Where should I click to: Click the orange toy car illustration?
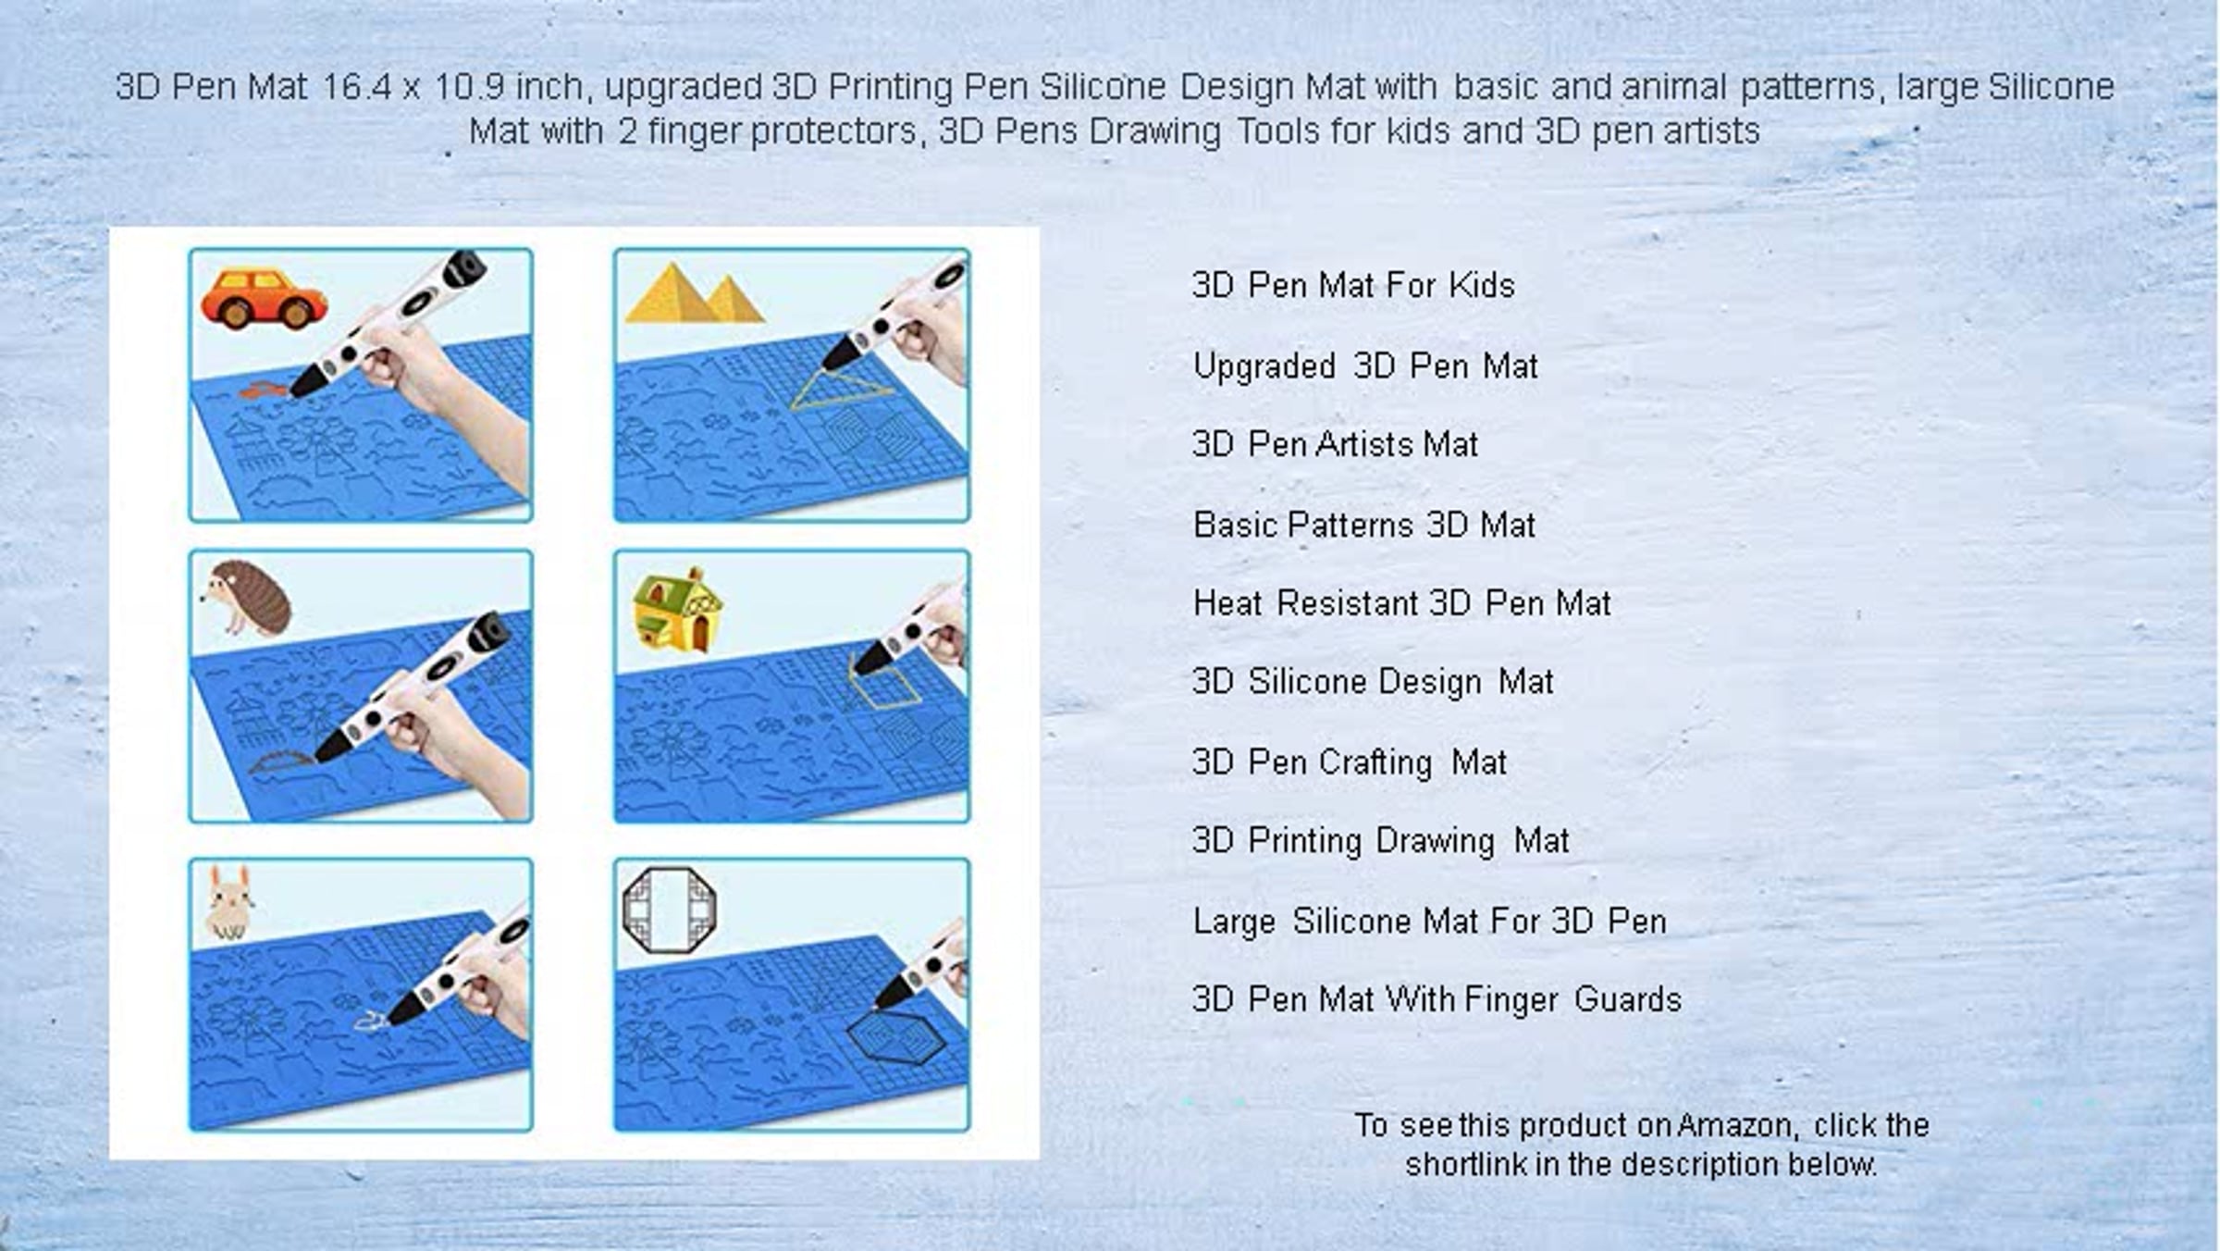264,298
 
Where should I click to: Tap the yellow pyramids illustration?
695,293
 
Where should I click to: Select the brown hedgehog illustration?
247,598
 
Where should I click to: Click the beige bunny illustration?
228,902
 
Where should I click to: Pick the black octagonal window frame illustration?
670,910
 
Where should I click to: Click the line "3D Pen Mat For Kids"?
1353,285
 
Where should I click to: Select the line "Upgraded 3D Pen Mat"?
1365,366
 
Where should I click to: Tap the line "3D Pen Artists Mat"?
1335,444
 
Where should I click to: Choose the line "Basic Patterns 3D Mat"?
1364,525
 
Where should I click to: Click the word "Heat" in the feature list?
1227,603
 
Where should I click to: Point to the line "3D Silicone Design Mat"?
1373,682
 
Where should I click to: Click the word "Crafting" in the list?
1375,762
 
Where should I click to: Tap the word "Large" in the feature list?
1235,922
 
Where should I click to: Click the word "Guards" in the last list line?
1627,999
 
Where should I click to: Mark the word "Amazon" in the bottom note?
1738,1125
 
